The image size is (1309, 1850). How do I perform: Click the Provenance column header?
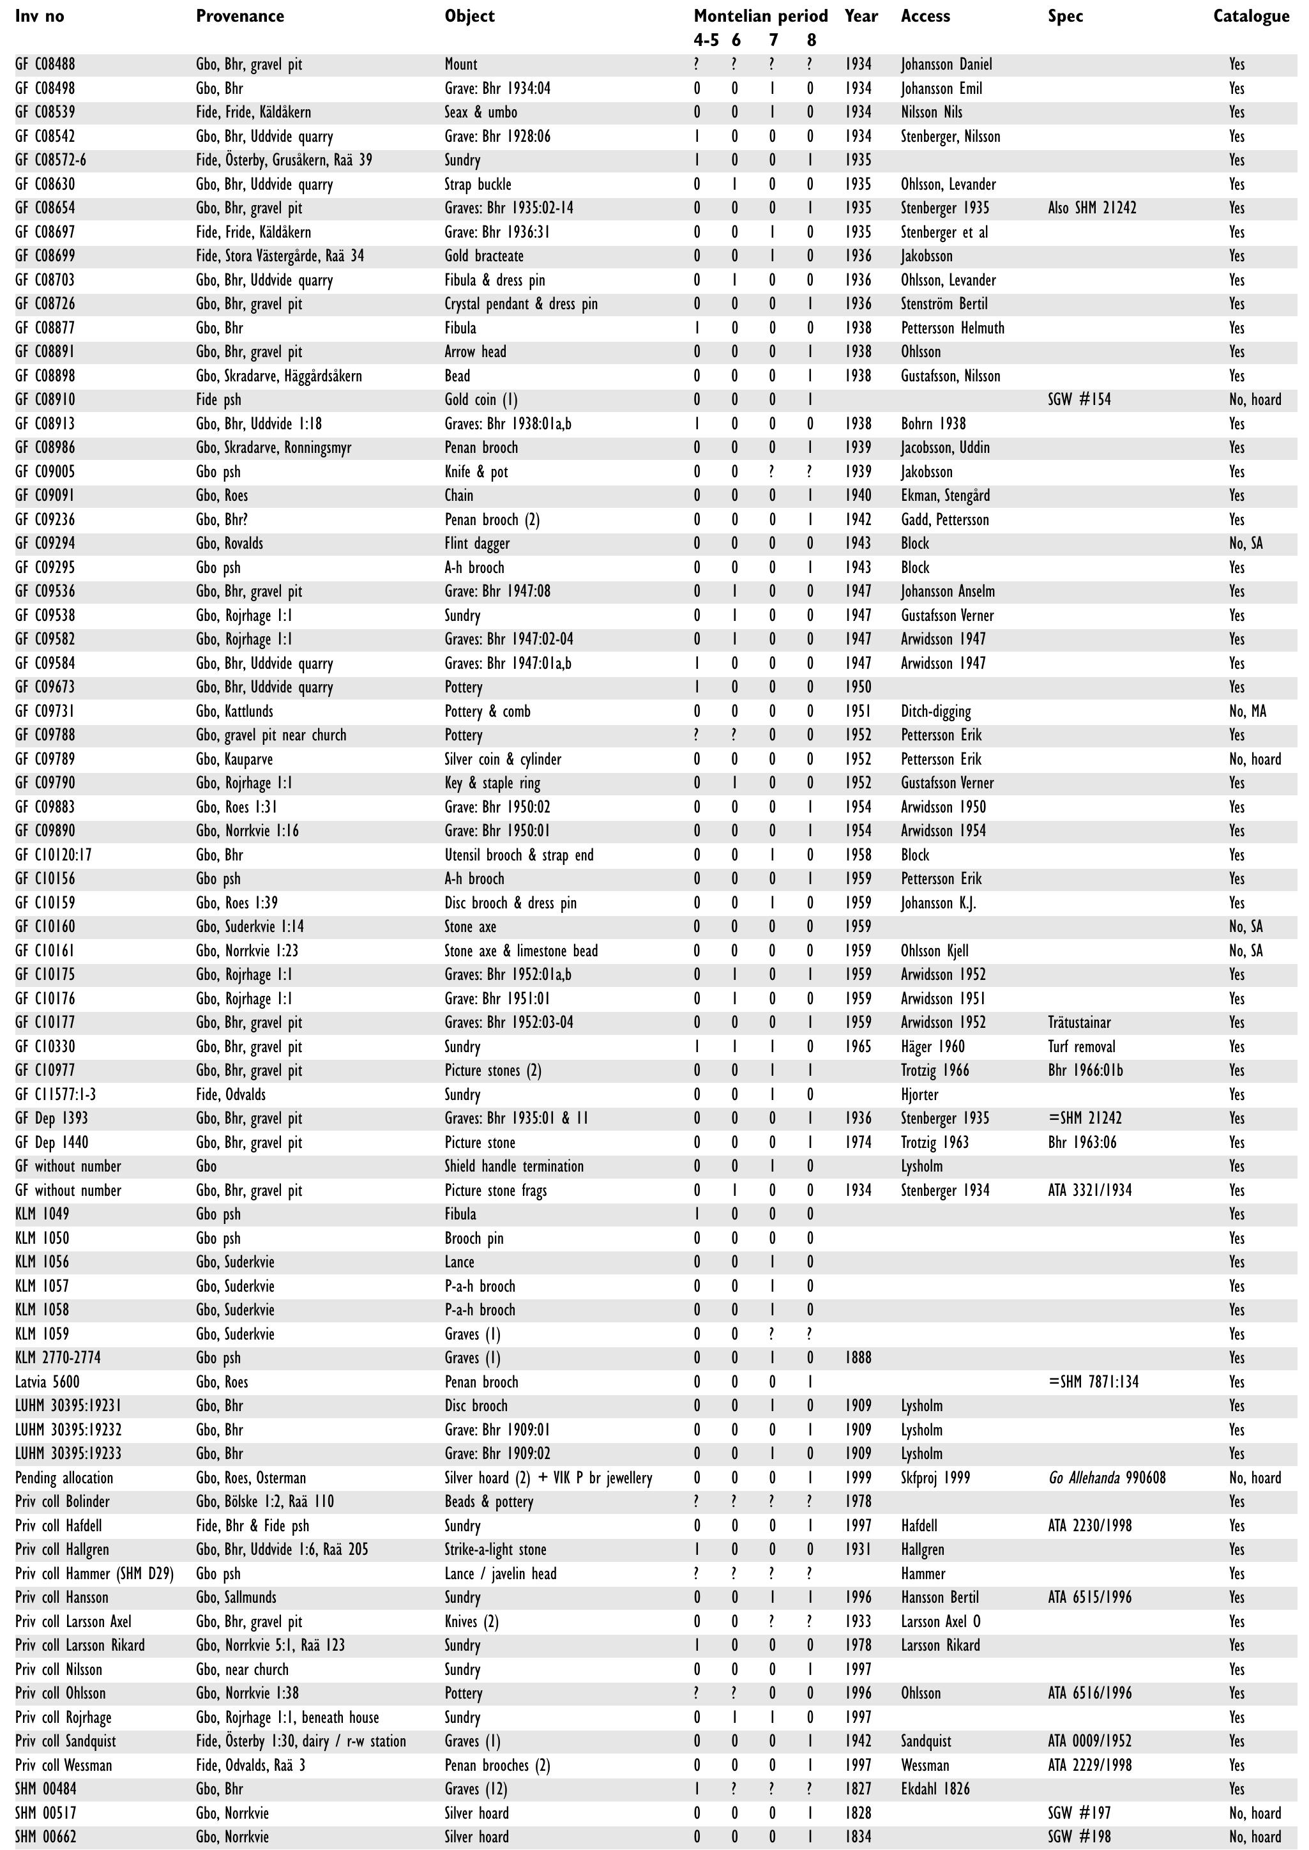pos(239,16)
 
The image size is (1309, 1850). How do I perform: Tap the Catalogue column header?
pos(1250,16)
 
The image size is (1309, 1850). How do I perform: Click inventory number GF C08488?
pos(45,65)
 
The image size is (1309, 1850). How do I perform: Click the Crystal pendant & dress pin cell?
pos(520,304)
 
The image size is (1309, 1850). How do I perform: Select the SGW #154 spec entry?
pos(1079,400)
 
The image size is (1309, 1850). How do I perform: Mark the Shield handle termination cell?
pos(513,1166)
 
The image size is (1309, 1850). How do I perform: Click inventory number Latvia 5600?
pos(47,1382)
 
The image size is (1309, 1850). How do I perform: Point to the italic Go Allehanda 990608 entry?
pos(1107,1478)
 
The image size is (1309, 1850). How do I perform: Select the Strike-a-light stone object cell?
pos(495,1550)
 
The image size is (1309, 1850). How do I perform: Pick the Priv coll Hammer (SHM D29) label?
pos(95,1573)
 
